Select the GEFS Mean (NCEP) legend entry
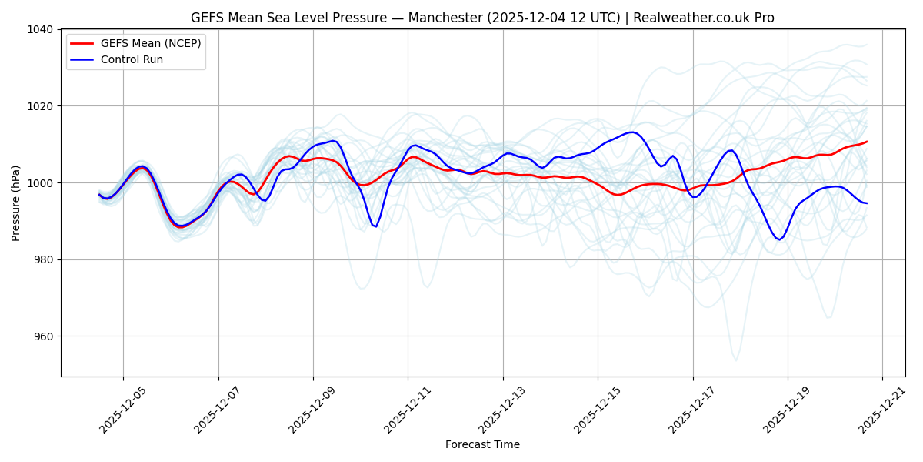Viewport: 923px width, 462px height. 151,43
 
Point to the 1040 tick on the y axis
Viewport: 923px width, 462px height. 42,29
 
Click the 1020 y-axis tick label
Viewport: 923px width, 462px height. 42,106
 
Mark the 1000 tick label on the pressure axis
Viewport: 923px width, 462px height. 42,183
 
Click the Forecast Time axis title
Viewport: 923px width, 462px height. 482,444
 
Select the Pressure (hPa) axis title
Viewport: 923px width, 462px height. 16,203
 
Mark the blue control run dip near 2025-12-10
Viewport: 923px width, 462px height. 375,226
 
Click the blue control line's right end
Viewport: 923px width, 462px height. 867,203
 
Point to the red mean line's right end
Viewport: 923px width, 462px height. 867,141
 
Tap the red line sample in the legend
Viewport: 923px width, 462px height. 82,43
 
